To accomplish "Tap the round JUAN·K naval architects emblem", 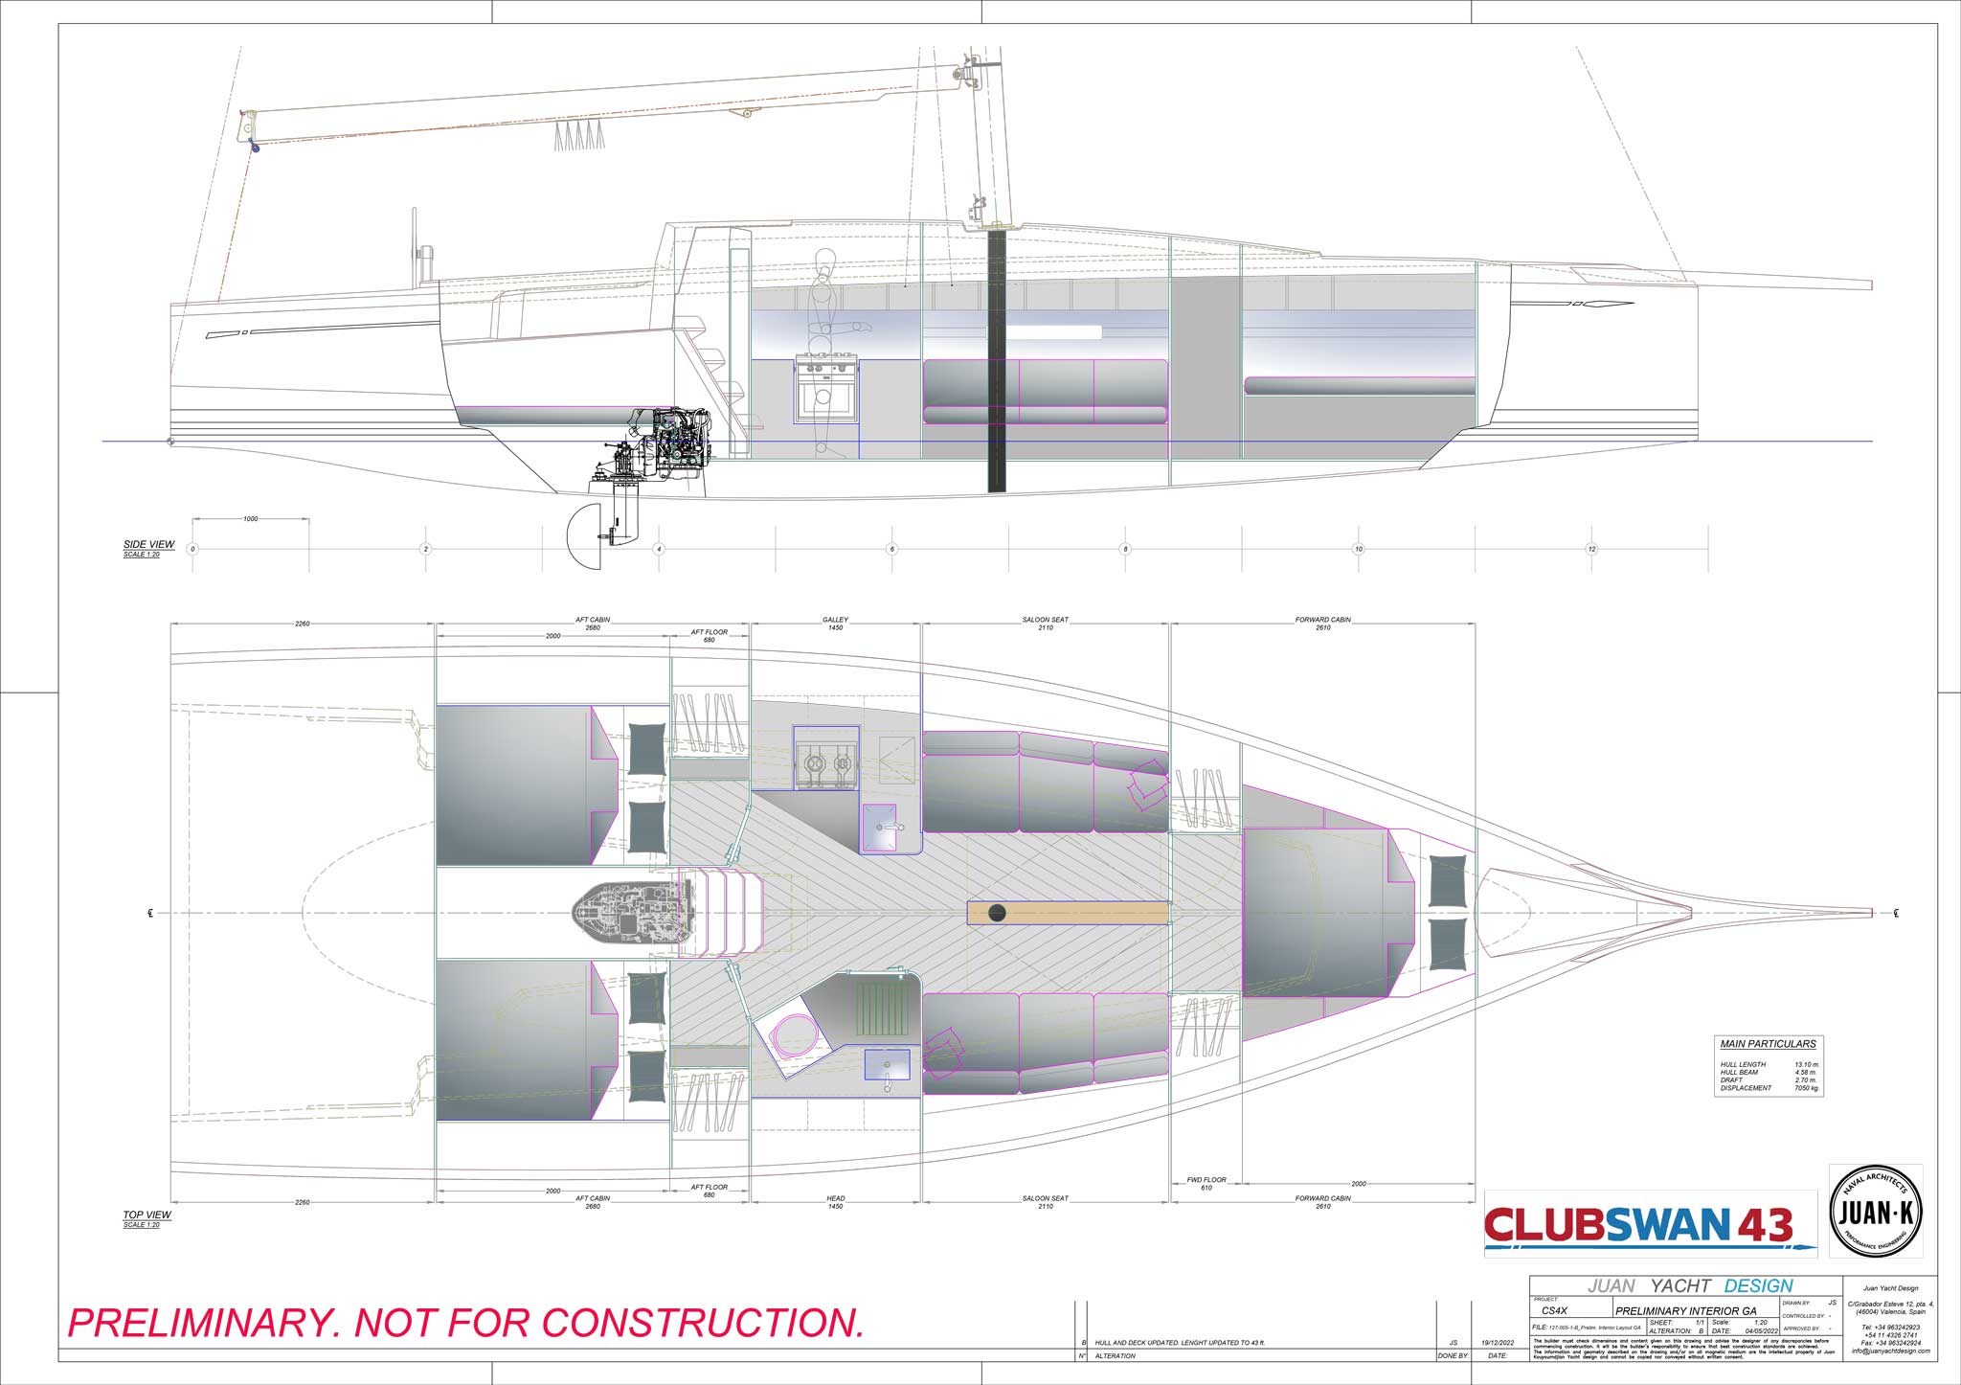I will tap(1876, 1212).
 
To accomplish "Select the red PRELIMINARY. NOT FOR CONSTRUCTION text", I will tap(466, 1323).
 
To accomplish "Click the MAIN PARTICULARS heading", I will tap(1768, 1044).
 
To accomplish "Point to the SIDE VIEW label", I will tap(148, 544).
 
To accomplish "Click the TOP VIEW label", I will tap(147, 1215).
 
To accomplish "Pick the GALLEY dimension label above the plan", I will tap(835, 620).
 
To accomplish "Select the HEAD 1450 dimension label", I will tap(835, 1203).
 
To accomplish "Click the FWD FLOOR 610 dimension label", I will tap(1206, 1184).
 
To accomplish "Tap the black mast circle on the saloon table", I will tap(997, 912).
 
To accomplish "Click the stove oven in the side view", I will tap(824, 391).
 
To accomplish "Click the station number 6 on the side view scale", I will tap(891, 550).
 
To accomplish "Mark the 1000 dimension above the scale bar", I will tap(250, 519).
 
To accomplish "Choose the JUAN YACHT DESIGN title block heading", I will tap(1690, 1285).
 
